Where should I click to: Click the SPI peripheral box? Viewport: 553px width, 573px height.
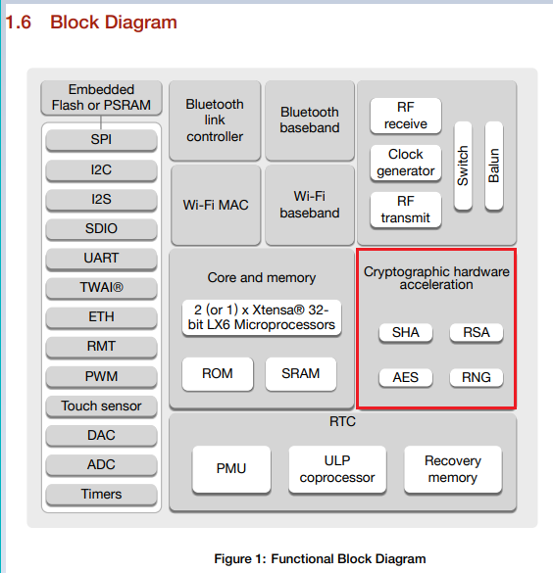pyautogui.click(x=101, y=140)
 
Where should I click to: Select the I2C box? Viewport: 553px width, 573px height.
pyautogui.click(x=101, y=169)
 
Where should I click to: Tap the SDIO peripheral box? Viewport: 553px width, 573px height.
pyautogui.click(x=101, y=229)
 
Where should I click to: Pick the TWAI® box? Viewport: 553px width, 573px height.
pyautogui.click(x=101, y=288)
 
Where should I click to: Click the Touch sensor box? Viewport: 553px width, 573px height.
pyautogui.click(x=101, y=406)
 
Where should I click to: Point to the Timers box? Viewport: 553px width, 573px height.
pyautogui.click(x=101, y=495)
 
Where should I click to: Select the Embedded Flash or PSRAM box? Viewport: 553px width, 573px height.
pyautogui.click(x=101, y=98)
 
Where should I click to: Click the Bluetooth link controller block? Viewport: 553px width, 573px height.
pyautogui.click(x=215, y=119)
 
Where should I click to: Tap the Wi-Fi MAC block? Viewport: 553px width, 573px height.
pyautogui.click(x=215, y=205)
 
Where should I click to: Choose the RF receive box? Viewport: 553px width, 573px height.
pyautogui.click(x=405, y=116)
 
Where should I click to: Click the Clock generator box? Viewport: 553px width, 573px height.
pyautogui.click(x=405, y=163)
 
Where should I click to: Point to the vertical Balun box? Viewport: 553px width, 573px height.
pyautogui.click(x=494, y=166)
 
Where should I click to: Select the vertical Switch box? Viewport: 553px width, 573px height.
pyautogui.click(x=463, y=166)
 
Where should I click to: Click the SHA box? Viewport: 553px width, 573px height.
pyautogui.click(x=405, y=333)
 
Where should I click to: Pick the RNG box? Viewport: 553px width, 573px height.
pyautogui.click(x=476, y=378)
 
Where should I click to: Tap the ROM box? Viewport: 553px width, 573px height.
pyautogui.click(x=217, y=374)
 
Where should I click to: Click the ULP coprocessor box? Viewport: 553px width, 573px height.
pyautogui.click(x=336, y=469)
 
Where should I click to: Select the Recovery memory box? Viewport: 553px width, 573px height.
pyautogui.click(x=452, y=469)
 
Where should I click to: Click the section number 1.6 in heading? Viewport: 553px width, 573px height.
pyautogui.click(x=20, y=22)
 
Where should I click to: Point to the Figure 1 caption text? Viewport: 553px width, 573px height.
pyautogui.click(x=320, y=559)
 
